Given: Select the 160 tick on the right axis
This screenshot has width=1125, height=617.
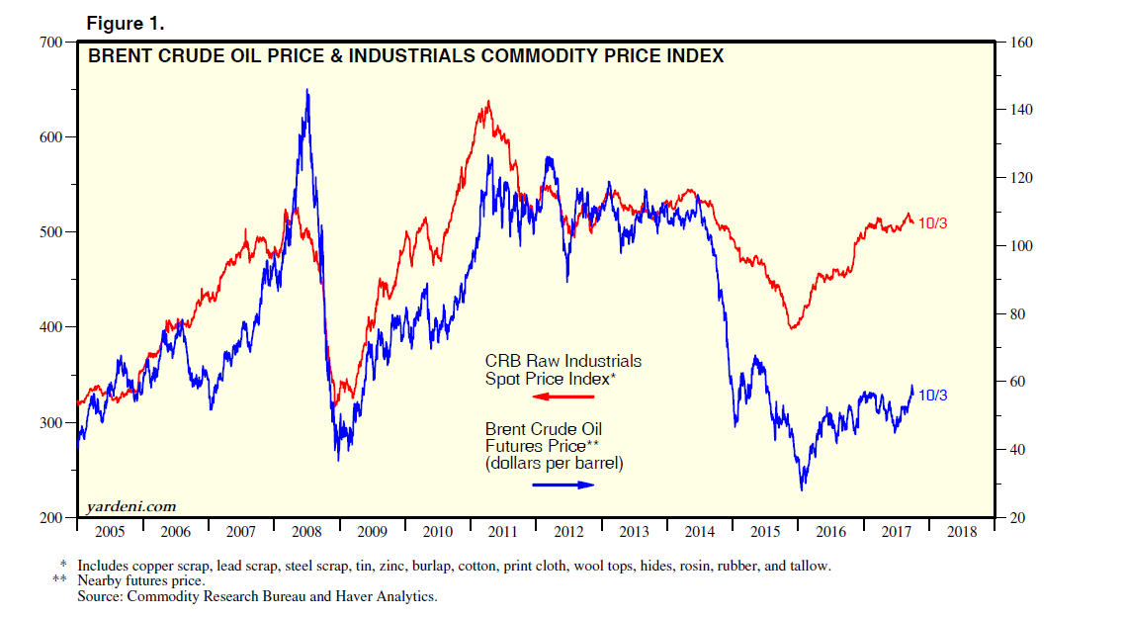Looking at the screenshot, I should click(1018, 42).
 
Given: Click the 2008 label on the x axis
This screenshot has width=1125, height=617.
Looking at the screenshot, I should click(306, 532).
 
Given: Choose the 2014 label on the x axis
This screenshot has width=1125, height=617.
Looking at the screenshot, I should click(700, 532).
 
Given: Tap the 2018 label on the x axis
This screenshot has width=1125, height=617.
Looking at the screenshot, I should click(962, 532).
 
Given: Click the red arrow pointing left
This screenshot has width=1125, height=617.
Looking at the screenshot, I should click(562, 397).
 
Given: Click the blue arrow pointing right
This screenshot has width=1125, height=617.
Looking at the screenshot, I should click(563, 485).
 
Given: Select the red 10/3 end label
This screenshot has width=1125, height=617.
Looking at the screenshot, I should click(933, 222).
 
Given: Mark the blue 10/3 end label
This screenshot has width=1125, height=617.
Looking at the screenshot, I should click(933, 396).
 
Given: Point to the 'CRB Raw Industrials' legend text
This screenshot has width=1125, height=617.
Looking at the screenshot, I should click(562, 361).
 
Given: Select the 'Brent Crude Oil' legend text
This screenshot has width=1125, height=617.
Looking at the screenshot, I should click(543, 429).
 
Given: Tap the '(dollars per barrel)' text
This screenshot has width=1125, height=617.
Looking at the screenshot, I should click(554, 462).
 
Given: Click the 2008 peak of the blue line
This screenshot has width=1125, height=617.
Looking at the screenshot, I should click(306, 90).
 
